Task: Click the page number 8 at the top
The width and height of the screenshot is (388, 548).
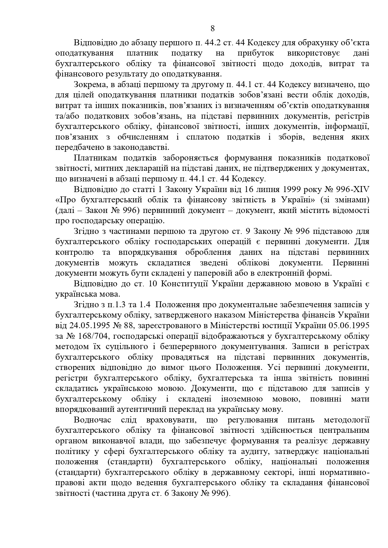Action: [x=213, y=29]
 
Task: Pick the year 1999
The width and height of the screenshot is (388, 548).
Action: [x=294, y=190]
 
